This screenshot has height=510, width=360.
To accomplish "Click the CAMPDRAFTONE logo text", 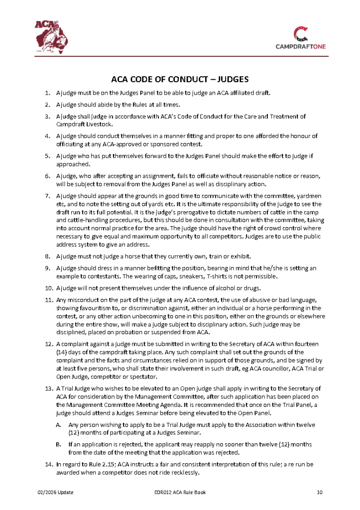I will point(301,47).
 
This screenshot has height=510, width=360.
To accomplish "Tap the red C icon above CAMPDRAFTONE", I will point(301,34).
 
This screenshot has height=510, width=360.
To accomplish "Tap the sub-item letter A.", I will point(58,425).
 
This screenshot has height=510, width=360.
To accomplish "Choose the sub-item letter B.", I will point(58,443).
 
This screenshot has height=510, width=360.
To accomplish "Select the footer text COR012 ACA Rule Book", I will point(180,493).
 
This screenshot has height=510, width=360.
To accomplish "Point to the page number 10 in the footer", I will point(320,493).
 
